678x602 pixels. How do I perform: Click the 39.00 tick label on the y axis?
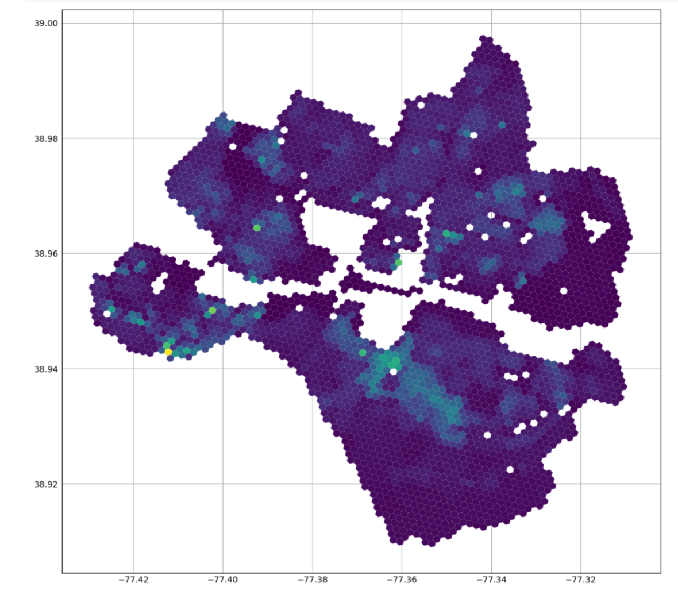(x=46, y=24)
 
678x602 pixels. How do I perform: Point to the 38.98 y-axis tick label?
(x=46, y=138)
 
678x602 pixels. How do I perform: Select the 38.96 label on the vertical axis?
(x=46, y=253)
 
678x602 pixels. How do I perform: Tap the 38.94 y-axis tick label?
(x=46, y=369)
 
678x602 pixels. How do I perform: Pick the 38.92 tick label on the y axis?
(x=46, y=484)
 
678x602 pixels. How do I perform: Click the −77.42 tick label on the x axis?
(x=133, y=580)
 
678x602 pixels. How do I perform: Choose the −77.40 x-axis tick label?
(x=223, y=580)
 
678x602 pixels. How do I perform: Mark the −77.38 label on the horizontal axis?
(x=313, y=580)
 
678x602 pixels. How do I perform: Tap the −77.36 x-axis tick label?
(x=402, y=580)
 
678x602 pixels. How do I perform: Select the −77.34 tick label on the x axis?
(x=491, y=580)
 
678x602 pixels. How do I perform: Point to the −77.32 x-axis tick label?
(x=581, y=580)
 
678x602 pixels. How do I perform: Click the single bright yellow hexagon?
(x=168, y=352)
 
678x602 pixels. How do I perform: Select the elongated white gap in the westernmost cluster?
(x=159, y=283)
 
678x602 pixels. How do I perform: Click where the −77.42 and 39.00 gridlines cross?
(x=133, y=24)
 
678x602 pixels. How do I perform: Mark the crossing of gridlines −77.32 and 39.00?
(x=581, y=24)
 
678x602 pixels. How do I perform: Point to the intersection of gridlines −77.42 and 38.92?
(x=133, y=484)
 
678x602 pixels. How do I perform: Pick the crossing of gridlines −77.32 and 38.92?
(x=581, y=484)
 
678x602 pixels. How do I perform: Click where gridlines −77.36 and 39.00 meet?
(x=402, y=24)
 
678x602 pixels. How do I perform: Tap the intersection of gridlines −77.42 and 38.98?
(x=133, y=138)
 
